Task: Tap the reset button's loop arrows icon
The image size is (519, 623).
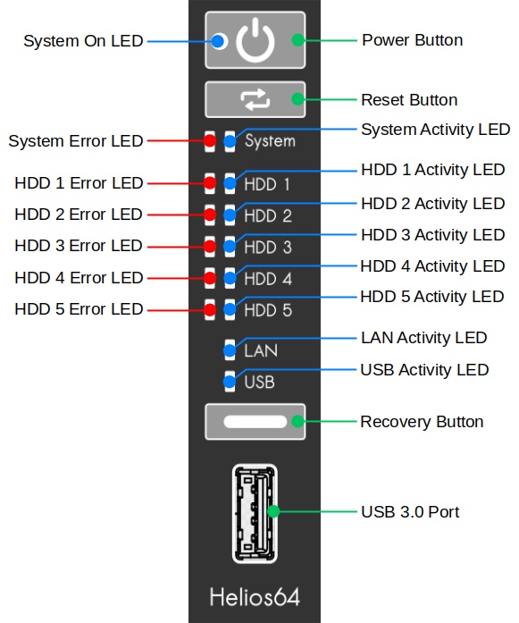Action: click(x=255, y=99)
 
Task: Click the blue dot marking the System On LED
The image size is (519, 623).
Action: click(x=218, y=41)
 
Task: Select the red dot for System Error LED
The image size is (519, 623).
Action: click(x=210, y=140)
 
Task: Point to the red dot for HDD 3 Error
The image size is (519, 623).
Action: click(x=210, y=247)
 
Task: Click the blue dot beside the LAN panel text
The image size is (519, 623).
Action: click(x=230, y=351)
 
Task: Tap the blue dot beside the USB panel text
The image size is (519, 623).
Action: click(x=230, y=383)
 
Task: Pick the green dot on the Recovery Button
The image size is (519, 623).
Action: click(x=297, y=422)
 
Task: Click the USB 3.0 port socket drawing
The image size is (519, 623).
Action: click(x=255, y=513)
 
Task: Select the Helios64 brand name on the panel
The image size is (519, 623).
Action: click(x=255, y=597)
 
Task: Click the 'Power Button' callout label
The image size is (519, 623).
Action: click(x=412, y=40)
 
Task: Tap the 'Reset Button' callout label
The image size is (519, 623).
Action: click(x=409, y=100)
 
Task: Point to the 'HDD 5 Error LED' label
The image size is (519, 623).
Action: click(x=79, y=309)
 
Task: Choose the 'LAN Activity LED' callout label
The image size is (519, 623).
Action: click(x=423, y=338)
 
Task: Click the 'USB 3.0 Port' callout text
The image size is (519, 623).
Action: click(x=410, y=512)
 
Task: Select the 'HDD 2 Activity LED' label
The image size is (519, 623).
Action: click(x=433, y=204)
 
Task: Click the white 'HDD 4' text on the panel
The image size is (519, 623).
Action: click(x=268, y=279)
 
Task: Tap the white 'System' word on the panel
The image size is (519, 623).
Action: click(x=270, y=141)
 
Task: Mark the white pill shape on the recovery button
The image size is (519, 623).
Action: click(x=255, y=422)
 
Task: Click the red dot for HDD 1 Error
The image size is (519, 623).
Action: click(x=210, y=183)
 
